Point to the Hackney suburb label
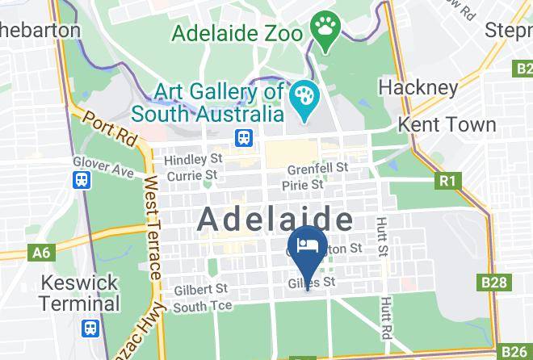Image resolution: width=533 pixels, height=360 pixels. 418,86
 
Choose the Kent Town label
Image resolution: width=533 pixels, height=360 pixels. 447,124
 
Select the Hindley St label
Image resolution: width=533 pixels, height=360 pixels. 193,160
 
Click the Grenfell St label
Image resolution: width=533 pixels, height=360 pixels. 318,169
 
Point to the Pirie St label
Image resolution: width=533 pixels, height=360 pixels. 303,186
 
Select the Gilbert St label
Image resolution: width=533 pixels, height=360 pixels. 200,288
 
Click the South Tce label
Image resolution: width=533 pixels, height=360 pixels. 202,306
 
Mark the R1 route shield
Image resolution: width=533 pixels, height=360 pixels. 447,181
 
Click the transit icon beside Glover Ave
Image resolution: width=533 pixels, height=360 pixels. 82,180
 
